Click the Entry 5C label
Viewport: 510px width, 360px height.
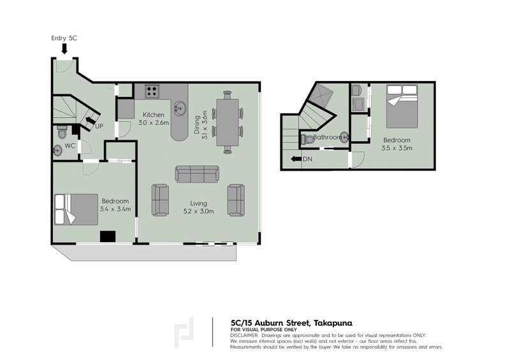click(64, 38)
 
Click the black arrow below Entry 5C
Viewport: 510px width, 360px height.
click(64, 48)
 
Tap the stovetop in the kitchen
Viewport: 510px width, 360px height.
click(151, 91)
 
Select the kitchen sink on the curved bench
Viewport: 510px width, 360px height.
click(180, 109)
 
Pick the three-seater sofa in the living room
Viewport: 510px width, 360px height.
click(197, 174)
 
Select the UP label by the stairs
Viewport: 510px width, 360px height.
click(99, 126)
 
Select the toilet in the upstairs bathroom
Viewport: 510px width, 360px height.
click(309, 138)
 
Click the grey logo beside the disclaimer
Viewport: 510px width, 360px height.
click(184, 331)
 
